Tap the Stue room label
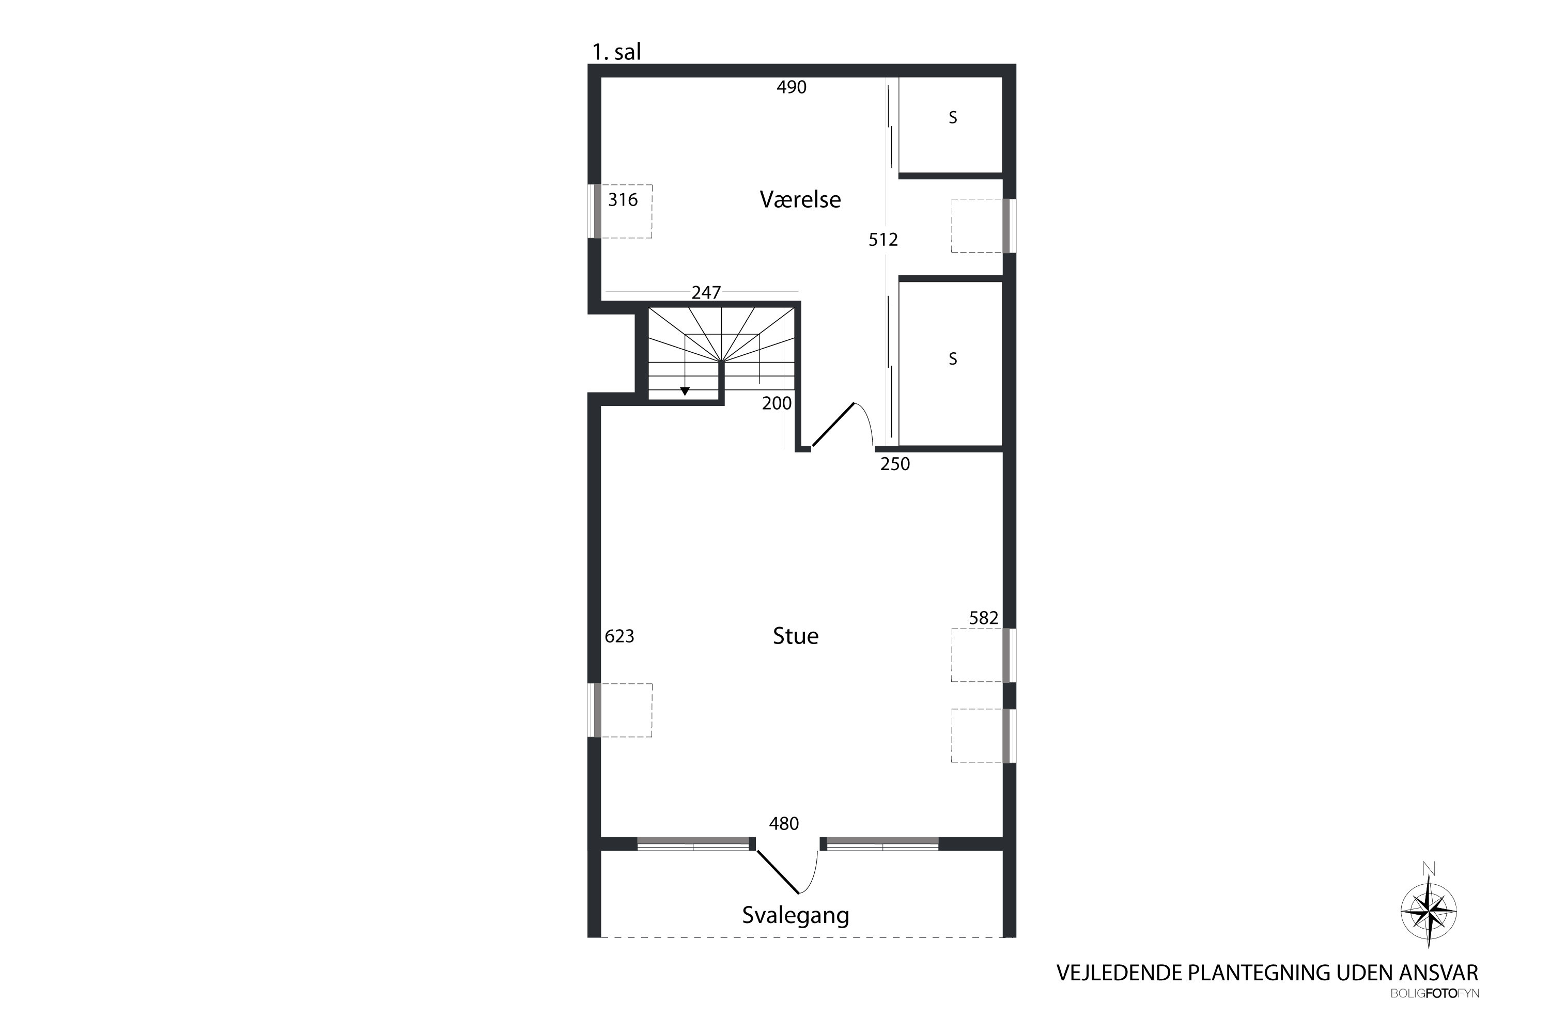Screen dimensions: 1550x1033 coord(796,636)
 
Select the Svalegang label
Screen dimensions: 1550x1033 coord(796,915)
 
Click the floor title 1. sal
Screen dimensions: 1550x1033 coord(616,52)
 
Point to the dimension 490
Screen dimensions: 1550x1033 coord(792,87)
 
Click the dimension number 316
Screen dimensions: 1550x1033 coord(623,199)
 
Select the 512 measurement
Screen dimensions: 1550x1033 coord(883,240)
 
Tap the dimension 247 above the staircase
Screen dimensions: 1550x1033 coord(706,292)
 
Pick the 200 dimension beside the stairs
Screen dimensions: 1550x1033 coord(777,403)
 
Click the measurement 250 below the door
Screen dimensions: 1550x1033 coord(895,464)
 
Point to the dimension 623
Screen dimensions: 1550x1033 coord(619,636)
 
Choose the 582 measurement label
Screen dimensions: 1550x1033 coord(984,618)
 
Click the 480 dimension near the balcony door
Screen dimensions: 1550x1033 coord(784,823)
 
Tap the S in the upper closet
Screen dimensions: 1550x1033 coord(953,117)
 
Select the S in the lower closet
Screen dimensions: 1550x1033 coord(953,358)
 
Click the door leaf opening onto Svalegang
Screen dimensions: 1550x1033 coord(778,872)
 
